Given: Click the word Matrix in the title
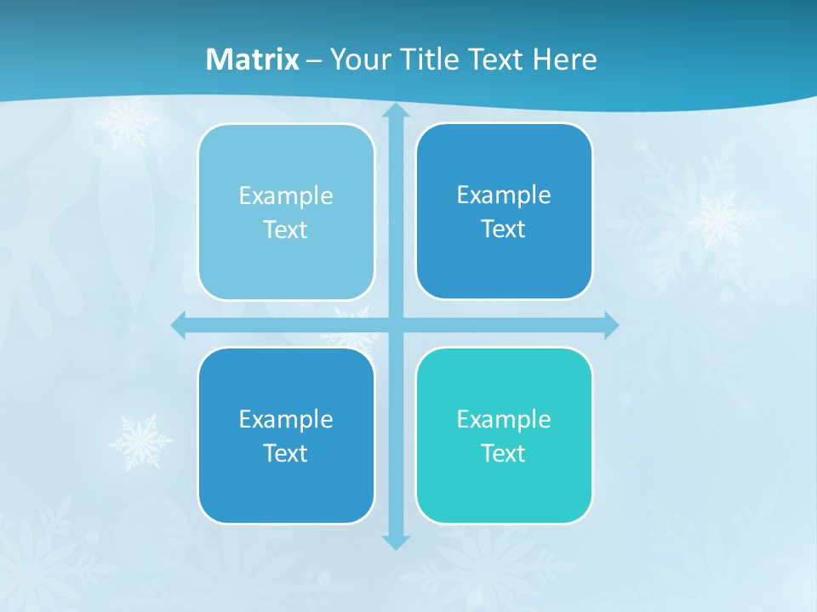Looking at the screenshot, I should coord(252,59).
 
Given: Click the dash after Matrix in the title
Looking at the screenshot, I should coord(314,60).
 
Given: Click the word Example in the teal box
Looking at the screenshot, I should coord(504,419).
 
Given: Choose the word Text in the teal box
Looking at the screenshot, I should coord(504,453).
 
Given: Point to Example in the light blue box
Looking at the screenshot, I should coord(286,195).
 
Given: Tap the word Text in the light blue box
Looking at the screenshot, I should coord(286,229).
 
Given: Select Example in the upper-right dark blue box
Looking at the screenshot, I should coord(504,195).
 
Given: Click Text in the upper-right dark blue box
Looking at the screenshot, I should coord(504,229).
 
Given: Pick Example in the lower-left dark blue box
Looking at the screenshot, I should coord(286,419).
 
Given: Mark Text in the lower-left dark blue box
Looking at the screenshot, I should coord(286,453).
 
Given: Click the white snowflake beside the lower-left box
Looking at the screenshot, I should coord(140,441).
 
